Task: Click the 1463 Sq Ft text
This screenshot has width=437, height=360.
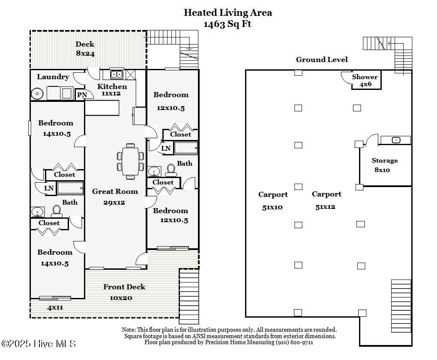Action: pos(227,24)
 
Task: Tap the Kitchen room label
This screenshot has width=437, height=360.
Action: pos(112,86)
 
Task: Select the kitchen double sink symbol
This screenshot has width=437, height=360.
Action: pos(117,74)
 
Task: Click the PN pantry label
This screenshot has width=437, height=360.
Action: pos(82,95)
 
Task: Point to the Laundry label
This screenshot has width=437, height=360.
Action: pos(53,77)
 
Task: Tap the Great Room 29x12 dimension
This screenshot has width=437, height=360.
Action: pos(114,202)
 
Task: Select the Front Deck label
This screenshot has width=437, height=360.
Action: pos(124,287)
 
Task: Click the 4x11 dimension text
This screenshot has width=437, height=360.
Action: pos(55,307)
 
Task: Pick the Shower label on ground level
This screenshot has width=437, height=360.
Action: pos(365,77)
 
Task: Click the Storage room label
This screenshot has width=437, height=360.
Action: pos(384,161)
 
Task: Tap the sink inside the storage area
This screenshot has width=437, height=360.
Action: pos(396,140)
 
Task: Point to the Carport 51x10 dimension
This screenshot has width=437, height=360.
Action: pos(272,208)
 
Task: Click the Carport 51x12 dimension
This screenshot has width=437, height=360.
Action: pos(326,207)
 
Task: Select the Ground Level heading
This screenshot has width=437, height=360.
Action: pos(322,60)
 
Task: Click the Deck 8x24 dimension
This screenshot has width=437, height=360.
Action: pos(85,54)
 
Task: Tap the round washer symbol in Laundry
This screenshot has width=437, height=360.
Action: pos(38,93)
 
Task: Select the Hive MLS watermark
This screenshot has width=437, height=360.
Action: pos(39,343)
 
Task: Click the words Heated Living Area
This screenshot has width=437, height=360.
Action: pos(227,13)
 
